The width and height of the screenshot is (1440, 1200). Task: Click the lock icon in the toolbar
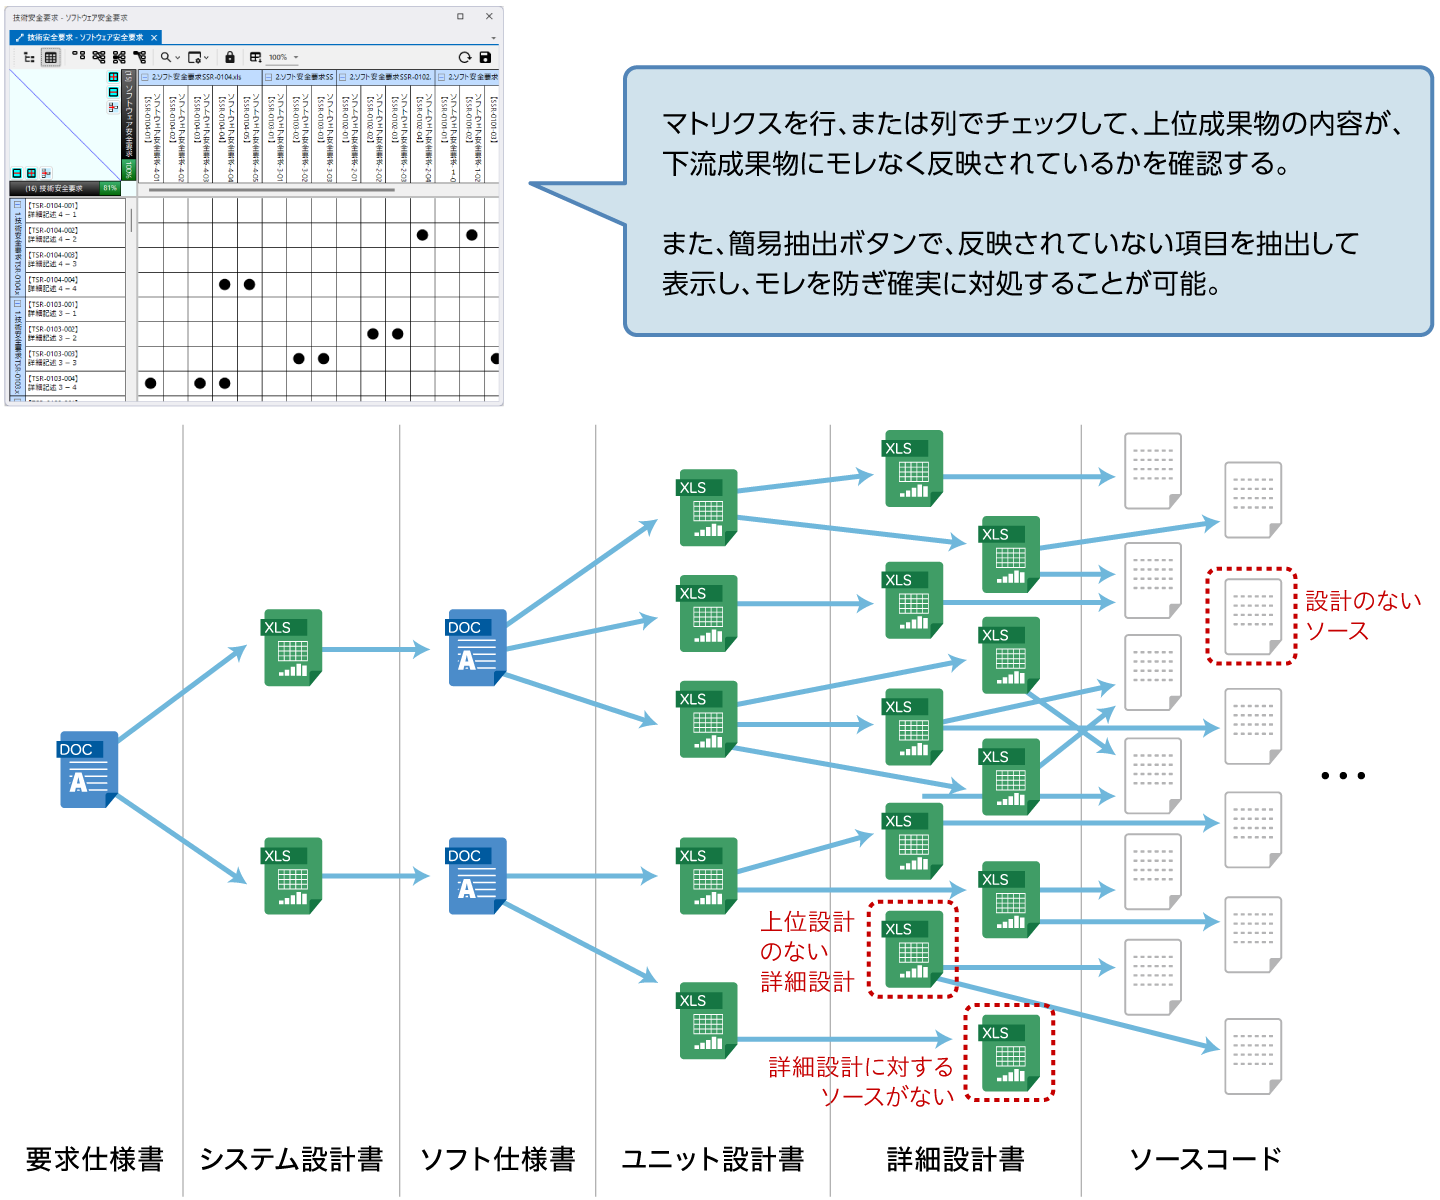[x=230, y=57]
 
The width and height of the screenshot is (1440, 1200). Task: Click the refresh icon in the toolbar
[x=464, y=57]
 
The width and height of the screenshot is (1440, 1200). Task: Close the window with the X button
[x=489, y=16]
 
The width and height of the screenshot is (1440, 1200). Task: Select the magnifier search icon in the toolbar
[x=166, y=57]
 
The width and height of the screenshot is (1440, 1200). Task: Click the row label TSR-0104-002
[x=54, y=234]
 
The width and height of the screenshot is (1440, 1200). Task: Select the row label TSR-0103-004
[x=54, y=383]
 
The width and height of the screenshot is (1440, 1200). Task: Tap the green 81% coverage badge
[x=110, y=188]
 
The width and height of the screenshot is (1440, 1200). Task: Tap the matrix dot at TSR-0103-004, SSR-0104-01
[x=150, y=383]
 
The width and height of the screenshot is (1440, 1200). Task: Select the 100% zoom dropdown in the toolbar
[x=282, y=57]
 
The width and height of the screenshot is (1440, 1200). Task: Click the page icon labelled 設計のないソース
[x=1253, y=616]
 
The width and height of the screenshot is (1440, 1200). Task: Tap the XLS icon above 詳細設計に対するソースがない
[x=1010, y=1052]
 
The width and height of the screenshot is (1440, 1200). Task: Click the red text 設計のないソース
[x=1362, y=615]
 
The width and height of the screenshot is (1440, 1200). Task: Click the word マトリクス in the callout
[x=721, y=124]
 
